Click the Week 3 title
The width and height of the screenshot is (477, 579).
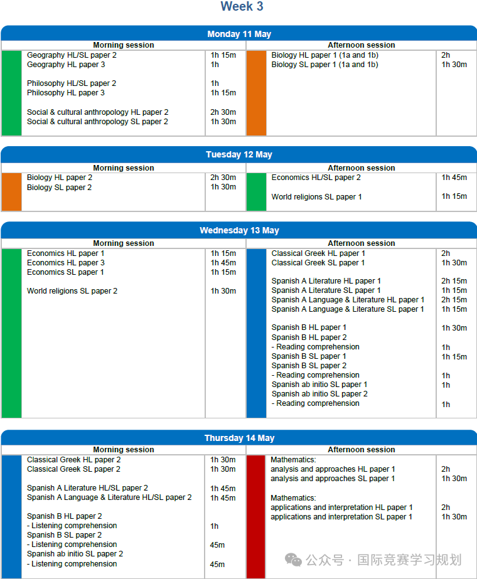coord(242,7)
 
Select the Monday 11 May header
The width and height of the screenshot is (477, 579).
coord(239,34)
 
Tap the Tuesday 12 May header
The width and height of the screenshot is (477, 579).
coord(239,154)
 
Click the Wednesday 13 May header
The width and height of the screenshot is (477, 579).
coord(239,230)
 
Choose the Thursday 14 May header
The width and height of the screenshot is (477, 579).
coord(239,438)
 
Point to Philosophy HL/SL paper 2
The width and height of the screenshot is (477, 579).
coord(72,83)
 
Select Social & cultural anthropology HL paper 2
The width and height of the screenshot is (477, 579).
coord(97,112)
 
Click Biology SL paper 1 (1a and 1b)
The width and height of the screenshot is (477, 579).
coord(324,65)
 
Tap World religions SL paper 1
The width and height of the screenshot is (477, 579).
coord(316,197)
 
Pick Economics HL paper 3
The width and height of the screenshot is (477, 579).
coord(66,263)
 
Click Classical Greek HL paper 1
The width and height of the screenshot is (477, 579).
coord(318,253)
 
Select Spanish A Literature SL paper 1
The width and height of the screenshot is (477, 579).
coord(326,290)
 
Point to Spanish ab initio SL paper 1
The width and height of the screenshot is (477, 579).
coord(319,385)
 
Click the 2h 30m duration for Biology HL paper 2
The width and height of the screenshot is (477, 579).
coord(223,178)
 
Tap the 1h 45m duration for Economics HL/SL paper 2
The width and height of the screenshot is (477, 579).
coord(454,178)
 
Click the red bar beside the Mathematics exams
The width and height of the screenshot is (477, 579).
coord(256,516)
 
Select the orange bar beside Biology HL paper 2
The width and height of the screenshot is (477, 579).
coord(11,191)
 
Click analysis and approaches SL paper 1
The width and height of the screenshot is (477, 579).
coord(333,479)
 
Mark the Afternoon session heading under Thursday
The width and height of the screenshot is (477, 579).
coord(362,450)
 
